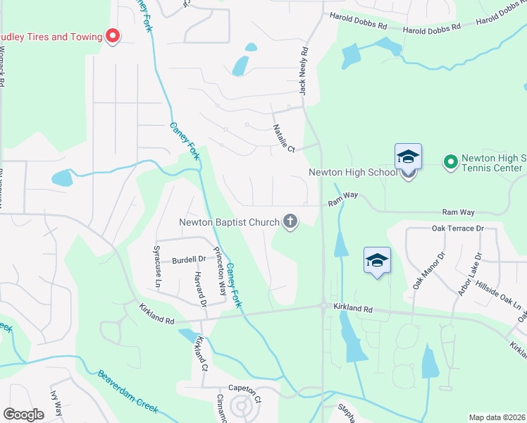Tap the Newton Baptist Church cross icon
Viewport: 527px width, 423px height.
click(290, 222)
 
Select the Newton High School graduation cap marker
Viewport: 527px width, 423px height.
click(409, 158)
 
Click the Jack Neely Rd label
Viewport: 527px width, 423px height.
click(304, 71)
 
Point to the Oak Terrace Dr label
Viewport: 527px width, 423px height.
click(457, 228)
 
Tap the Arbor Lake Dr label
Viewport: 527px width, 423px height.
click(469, 274)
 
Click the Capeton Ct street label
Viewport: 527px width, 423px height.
click(244, 388)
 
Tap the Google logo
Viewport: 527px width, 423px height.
click(24, 415)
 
